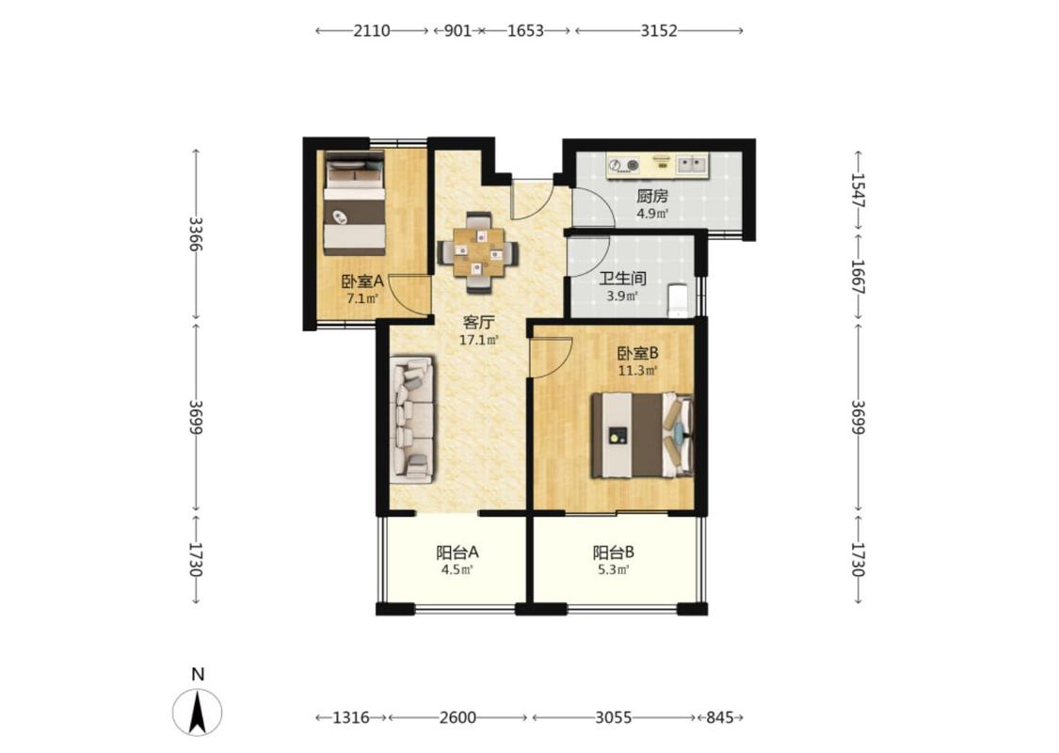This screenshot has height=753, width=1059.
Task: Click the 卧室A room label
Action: coord(362,280)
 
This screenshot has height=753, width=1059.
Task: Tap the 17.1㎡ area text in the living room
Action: coord(479,341)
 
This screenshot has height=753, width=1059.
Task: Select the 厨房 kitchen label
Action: coord(652,197)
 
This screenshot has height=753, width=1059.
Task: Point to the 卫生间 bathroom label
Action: coord(623,279)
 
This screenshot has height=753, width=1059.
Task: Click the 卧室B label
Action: coord(638,353)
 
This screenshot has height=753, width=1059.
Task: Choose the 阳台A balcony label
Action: coord(457,553)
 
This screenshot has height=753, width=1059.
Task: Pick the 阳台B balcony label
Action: coord(613,553)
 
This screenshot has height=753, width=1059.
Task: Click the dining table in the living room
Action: coord(479,252)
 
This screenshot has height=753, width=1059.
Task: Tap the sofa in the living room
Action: coord(411,421)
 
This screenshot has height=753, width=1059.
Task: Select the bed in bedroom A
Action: coord(355,202)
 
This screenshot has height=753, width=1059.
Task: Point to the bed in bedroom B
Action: coord(643,436)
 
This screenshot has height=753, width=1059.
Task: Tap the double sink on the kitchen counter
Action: coord(692,164)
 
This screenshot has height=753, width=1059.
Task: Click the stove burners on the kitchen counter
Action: coord(623,164)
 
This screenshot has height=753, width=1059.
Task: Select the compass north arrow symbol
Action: coord(198,713)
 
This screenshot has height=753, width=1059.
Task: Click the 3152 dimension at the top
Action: coord(659,30)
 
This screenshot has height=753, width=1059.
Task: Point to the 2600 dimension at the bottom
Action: coord(457,717)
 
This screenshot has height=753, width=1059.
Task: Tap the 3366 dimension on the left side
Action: coord(196,233)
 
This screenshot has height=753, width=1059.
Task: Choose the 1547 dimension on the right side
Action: coord(858,190)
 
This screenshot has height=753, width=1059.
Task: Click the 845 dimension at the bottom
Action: coord(720,717)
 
